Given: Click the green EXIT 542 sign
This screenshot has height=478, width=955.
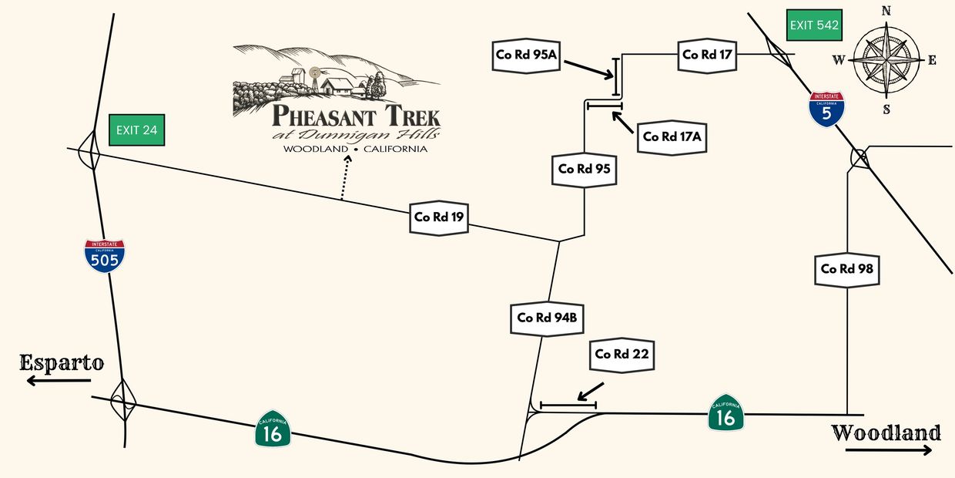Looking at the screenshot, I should coord(813,25).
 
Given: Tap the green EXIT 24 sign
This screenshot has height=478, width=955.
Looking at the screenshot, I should coord(136,130).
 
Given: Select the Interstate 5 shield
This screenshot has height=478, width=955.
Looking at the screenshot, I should coord(826,109).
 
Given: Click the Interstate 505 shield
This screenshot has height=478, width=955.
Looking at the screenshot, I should coord(105,257).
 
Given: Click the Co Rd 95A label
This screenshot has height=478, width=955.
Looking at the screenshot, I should coord(527,55).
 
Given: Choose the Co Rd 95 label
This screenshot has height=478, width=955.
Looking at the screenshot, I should coord(585,169).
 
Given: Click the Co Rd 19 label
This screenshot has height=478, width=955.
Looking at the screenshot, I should coord(439,217).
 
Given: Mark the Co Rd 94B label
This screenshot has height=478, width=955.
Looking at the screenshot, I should coord(548,317).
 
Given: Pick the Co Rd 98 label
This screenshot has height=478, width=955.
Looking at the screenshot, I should coord(847,269).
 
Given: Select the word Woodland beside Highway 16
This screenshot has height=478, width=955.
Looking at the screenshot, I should coord(886,433).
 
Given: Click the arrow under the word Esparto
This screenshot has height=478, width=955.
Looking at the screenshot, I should coord(50,381).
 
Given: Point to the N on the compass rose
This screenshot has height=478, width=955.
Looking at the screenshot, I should coord(886,11).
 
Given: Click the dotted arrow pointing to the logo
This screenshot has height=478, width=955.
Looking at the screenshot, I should coord(345,177).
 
